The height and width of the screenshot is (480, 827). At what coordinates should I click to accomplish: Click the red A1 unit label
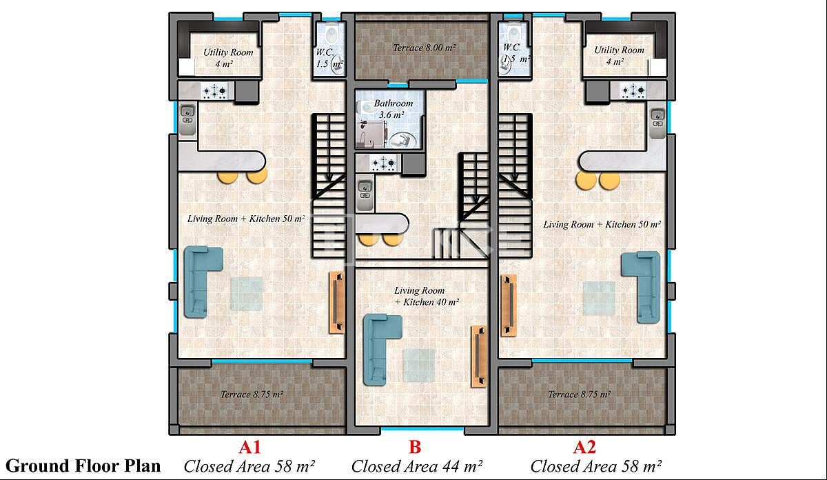[x=250, y=447]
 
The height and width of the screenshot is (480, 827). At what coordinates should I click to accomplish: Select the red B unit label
[x=416, y=447]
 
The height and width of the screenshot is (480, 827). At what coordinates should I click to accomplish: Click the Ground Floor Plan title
[x=83, y=466]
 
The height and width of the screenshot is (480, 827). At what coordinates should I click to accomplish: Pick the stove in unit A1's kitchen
[x=218, y=90]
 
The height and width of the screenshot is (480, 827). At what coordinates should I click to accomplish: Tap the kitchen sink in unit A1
[x=187, y=114]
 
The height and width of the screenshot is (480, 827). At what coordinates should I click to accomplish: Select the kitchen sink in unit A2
[x=657, y=117]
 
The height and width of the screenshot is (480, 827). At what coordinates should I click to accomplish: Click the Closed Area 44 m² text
[x=417, y=466]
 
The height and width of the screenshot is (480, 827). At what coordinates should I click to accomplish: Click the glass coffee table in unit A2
[x=600, y=297]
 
